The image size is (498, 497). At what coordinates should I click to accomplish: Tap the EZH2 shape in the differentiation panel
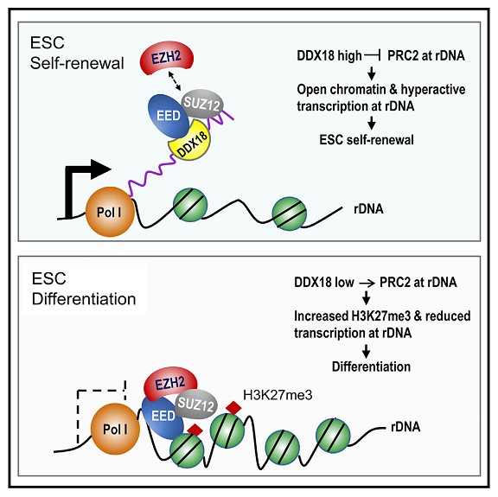(x=170, y=383)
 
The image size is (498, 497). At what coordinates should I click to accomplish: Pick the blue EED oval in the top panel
(x=168, y=116)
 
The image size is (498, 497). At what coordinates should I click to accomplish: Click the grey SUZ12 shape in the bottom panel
(x=196, y=405)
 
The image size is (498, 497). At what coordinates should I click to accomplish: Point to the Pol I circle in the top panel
(x=110, y=212)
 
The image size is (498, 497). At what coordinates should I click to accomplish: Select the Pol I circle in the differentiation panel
(x=115, y=429)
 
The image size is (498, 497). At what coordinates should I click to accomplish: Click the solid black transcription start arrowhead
(x=101, y=169)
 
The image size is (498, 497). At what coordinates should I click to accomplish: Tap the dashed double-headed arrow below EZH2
(x=175, y=80)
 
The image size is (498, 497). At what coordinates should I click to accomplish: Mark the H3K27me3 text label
(x=278, y=395)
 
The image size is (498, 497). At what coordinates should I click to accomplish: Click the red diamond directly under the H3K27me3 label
(x=233, y=407)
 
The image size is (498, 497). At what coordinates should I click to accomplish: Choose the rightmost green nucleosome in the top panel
(x=290, y=213)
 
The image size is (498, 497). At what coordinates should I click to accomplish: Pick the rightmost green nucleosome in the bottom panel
(x=333, y=436)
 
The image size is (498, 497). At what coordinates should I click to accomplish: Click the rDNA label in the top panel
(x=368, y=208)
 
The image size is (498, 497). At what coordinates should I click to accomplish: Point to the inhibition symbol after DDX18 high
(x=373, y=56)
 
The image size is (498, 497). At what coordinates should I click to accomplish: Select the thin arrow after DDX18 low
(x=367, y=283)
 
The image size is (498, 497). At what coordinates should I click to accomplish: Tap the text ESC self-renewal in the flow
(x=367, y=140)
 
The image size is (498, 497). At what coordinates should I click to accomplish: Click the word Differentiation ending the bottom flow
(x=371, y=366)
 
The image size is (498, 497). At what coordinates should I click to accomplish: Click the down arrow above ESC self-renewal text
(x=371, y=122)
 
